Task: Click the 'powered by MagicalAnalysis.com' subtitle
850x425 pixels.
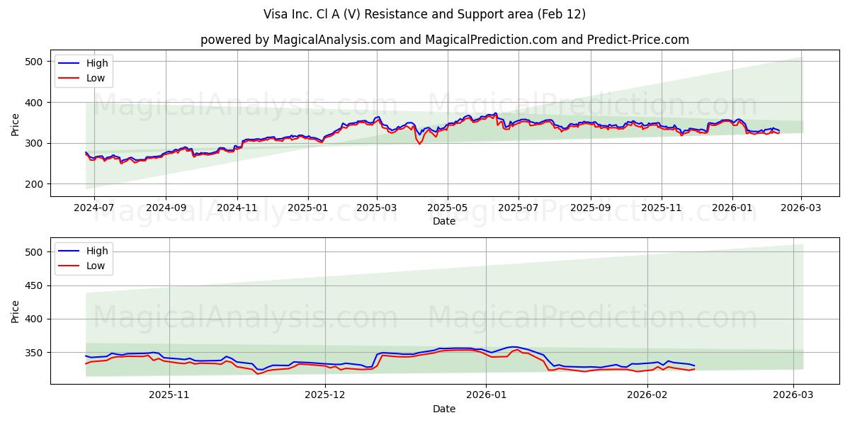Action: pos(444,40)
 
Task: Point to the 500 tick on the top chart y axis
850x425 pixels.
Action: pos(33,62)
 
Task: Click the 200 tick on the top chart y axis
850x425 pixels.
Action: pos(33,184)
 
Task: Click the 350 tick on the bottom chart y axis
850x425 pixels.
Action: pos(33,353)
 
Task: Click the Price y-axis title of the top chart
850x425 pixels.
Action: pos(16,125)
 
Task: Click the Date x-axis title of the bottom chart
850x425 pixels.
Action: pos(444,409)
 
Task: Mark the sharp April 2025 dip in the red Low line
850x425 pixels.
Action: pos(419,144)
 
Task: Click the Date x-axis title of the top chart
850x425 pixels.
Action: pos(444,222)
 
